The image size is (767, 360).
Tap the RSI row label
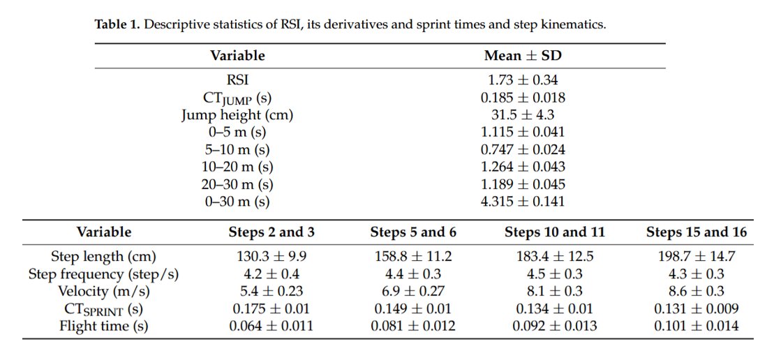point(237,80)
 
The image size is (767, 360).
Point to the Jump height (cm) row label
point(237,115)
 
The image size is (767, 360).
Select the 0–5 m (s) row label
point(237,132)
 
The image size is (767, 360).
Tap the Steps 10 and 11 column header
point(555,232)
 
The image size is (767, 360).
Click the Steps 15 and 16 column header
point(696,232)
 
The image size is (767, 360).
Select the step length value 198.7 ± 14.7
point(696,256)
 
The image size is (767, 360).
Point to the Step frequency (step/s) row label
point(104,273)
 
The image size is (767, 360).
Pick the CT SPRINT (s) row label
point(104,308)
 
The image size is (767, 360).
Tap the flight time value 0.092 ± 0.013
point(555,325)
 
